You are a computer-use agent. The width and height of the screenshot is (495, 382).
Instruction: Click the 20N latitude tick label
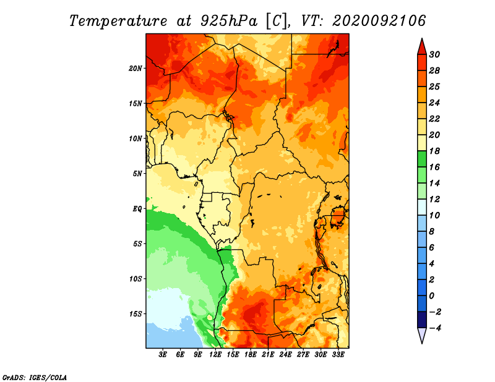coord(136,69)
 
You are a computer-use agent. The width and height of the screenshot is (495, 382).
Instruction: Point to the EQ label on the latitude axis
coord(137,209)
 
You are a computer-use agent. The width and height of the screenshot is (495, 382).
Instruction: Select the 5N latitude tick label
coord(137,174)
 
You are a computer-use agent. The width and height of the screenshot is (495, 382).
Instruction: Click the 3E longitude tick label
coord(163,355)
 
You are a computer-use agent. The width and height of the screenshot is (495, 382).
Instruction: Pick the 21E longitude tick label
coord(268,355)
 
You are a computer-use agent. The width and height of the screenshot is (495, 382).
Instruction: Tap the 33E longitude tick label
coord(338,355)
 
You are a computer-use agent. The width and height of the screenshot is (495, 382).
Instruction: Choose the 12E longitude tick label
coord(215,355)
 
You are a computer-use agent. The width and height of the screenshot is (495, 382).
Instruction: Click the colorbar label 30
coord(434,54)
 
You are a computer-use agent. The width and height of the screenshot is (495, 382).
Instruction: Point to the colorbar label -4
coord(435,328)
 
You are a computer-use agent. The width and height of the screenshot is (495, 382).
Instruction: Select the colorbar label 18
coord(434,151)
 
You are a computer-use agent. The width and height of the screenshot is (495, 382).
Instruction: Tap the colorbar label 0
coord(432,296)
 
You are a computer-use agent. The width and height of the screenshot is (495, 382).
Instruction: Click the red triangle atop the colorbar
coord(422,47)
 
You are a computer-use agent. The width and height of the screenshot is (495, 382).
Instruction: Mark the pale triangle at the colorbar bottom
coord(422,335)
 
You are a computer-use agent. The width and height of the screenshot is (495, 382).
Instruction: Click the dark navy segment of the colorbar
coord(422,320)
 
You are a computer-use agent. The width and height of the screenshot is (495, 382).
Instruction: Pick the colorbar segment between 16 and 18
coord(422,159)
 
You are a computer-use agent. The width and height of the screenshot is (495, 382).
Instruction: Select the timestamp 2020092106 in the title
coord(379,21)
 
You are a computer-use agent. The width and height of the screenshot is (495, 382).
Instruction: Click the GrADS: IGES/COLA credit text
coord(35,378)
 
